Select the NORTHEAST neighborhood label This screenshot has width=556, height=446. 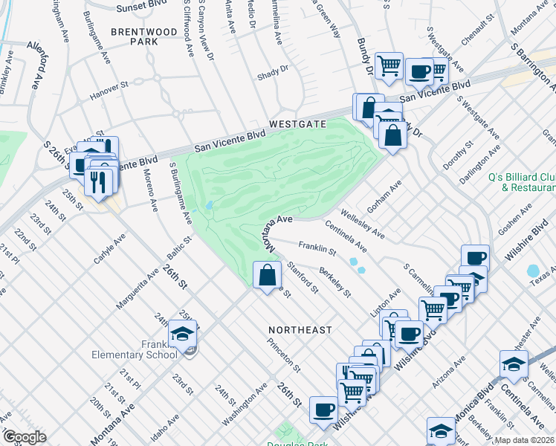[x=301, y=329]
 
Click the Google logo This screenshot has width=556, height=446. [x=24, y=437]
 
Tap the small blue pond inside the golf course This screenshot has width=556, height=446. [x=211, y=206]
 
